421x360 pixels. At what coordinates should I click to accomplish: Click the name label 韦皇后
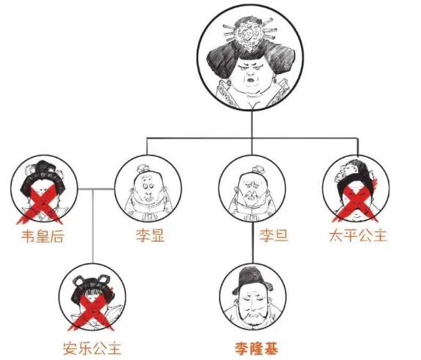click(x=43, y=236)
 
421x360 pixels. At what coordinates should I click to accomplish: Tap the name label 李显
click(x=150, y=235)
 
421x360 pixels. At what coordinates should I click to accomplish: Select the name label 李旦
click(x=274, y=235)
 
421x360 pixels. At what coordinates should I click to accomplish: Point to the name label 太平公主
click(x=358, y=235)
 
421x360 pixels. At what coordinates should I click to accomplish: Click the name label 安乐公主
click(x=92, y=348)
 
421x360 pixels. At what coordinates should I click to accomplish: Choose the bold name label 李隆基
click(x=257, y=348)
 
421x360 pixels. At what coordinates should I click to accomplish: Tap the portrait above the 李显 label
click(x=148, y=188)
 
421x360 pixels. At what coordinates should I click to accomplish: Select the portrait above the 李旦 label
click(x=252, y=188)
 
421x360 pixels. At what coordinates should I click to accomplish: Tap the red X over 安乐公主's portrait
click(x=90, y=312)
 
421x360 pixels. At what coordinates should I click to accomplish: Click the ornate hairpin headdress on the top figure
click(x=248, y=34)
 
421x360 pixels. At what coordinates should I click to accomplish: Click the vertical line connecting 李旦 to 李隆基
click(x=252, y=242)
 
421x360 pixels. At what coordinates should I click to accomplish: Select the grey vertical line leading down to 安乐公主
click(x=93, y=227)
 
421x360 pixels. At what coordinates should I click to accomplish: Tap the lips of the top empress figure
click(x=251, y=80)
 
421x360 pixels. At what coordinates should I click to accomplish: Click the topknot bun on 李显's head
click(x=142, y=168)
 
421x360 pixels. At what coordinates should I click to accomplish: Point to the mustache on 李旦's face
click(x=251, y=194)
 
